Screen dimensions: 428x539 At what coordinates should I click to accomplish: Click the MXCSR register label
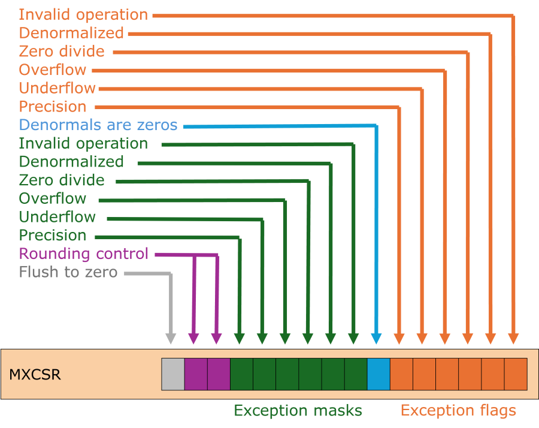[x=35, y=375]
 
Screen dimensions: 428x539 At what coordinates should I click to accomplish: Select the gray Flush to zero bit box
[x=173, y=374]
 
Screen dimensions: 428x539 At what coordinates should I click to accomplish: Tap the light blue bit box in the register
[x=378, y=374]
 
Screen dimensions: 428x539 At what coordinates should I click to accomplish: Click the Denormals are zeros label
[x=98, y=125]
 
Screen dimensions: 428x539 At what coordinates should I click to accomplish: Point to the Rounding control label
[x=84, y=254]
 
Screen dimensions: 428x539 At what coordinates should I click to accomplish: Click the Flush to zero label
[x=68, y=273]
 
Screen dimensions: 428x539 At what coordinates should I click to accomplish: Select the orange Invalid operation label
[x=83, y=14]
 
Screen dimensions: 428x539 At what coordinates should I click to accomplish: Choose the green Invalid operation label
[x=83, y=144]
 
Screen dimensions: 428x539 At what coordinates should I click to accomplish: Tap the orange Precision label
[x=53, y=107]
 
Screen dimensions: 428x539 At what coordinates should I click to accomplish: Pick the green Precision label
[x=53, y=236]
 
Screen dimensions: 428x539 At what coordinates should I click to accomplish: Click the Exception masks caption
[x=298, y=411]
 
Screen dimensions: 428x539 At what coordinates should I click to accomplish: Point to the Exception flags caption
[x=458, y=411]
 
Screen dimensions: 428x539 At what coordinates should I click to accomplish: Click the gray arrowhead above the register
[x=171, y=338]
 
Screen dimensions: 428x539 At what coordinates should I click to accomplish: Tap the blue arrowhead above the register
[x=376, y=338]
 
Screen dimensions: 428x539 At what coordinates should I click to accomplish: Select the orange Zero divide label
[x=62, y=52]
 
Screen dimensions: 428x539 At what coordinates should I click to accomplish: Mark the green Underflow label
[x=57, y=217]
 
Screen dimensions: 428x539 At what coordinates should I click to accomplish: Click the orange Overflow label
[x=53, y=70]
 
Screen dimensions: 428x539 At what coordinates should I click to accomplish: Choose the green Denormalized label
[x=71, y=162]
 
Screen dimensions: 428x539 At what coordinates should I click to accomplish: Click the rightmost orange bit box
[x=516, y=374]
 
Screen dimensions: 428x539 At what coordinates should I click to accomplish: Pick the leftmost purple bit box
[x=196, y=374]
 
